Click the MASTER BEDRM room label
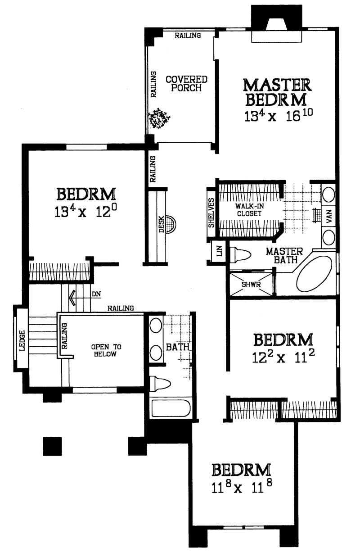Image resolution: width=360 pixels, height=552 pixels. [277, 91]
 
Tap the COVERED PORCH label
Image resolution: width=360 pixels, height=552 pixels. [186, 83]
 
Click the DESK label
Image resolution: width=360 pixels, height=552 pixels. [161, 225]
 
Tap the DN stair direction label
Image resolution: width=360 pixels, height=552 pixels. [96, 294]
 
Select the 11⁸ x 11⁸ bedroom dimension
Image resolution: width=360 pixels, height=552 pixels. [242, 488]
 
